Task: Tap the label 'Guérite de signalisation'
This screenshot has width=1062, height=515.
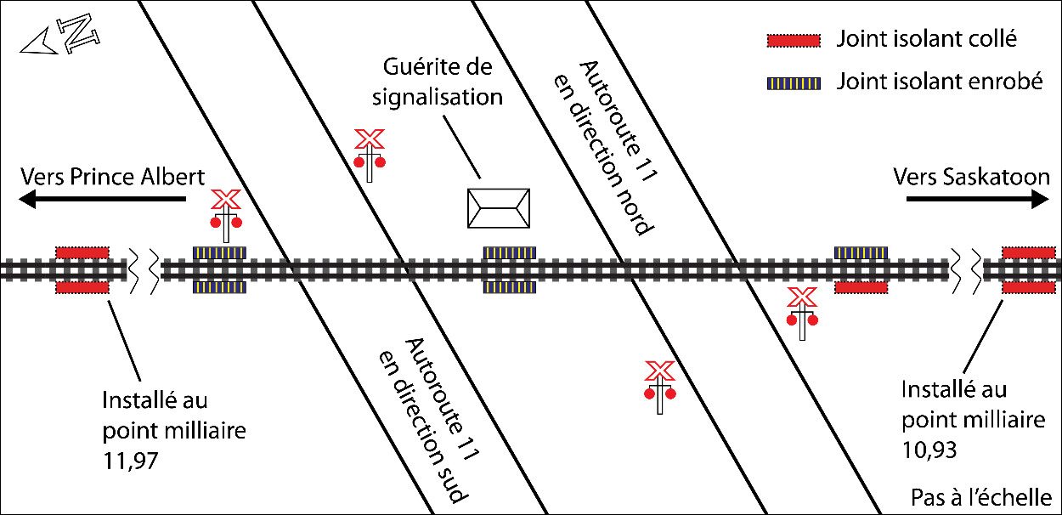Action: pos(438,82)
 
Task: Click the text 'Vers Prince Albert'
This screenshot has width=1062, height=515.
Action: pos(112,177)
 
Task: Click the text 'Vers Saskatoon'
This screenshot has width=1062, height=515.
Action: pos(972,177)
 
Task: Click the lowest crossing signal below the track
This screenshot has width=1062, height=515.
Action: pos(659,387)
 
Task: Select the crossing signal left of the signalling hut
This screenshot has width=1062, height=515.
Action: pos(370,155)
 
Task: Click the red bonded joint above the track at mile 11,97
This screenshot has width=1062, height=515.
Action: pos(82,252)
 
